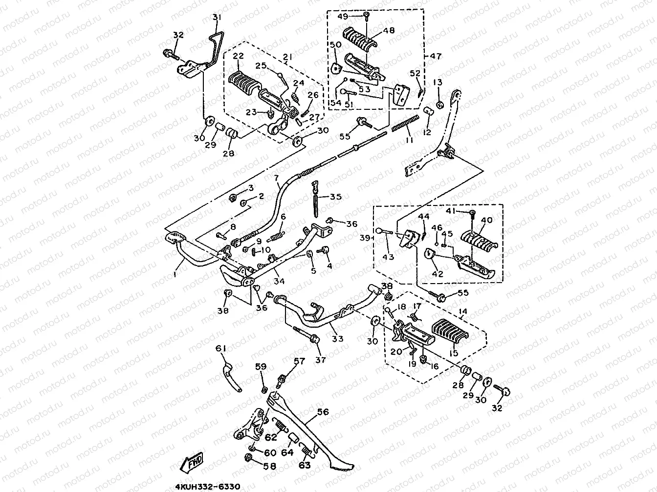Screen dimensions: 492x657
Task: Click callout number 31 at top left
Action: coord(217,18)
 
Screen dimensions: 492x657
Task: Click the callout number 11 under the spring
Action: coord(409,140)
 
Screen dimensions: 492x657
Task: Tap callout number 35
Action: coord(335,197)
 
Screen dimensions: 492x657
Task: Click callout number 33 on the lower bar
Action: coord(337,338)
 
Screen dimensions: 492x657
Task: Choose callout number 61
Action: coord(221,348)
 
